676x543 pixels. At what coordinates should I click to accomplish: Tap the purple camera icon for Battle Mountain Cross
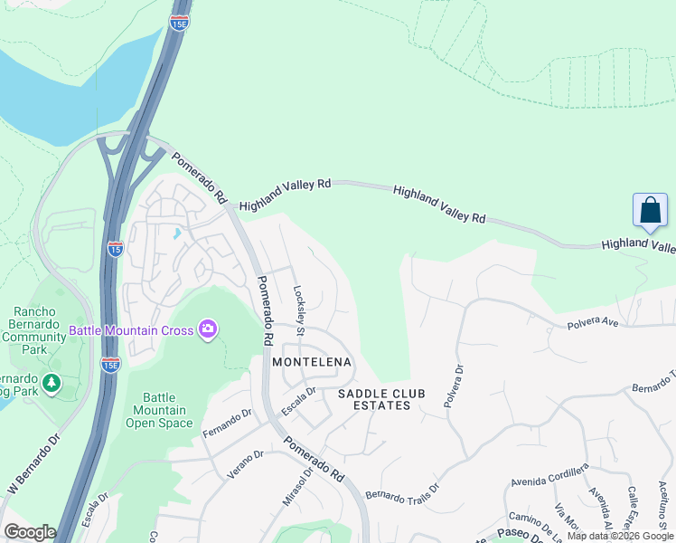click(x=209, y=329)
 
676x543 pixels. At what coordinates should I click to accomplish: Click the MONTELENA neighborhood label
click(x=312, y=361)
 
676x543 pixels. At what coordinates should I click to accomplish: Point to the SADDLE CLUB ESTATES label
click(x=374, y=399)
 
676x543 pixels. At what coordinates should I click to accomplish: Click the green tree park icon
click(x=52, y=385)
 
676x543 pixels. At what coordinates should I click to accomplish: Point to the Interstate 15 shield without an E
click(x=115, y=249)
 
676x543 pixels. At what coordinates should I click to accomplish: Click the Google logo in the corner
click(x=30, y=531)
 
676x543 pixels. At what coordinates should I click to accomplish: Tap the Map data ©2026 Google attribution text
click(x=619, y=536)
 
